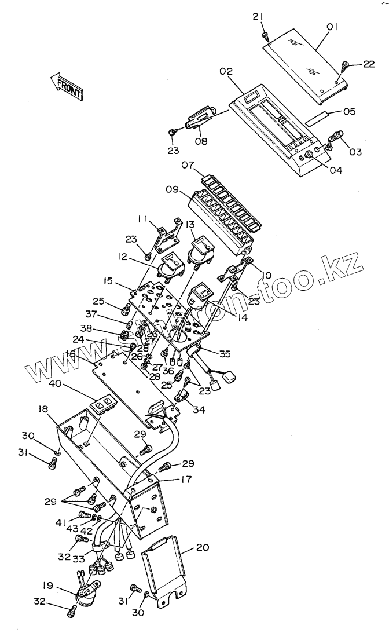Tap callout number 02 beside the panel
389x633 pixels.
[226, 71]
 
